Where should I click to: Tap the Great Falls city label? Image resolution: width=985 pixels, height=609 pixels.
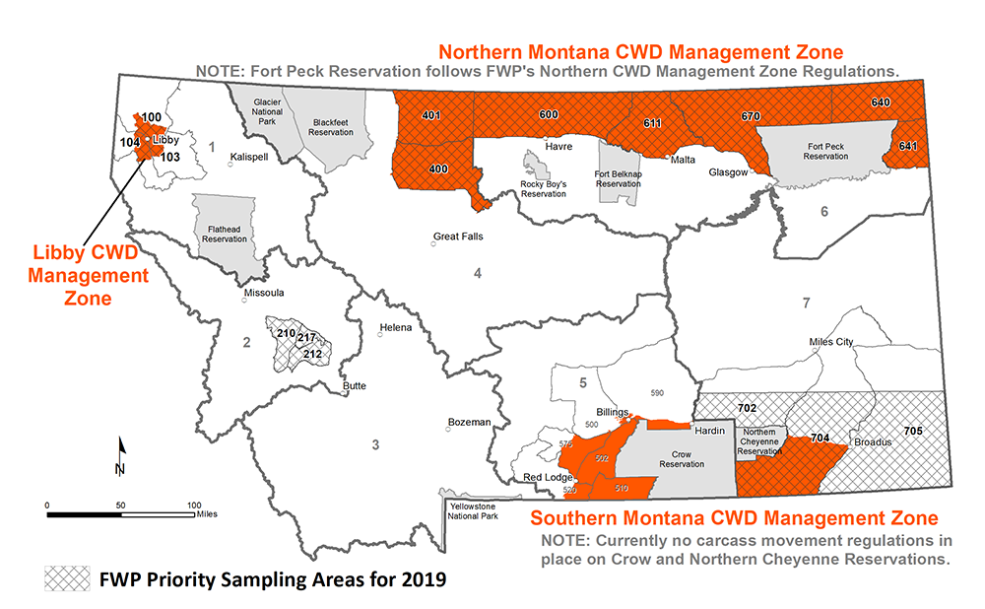tap(458, 237)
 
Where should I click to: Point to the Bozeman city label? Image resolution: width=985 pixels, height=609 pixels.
tap(469, 422)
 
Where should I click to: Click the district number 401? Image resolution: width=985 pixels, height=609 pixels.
tap(430, 115)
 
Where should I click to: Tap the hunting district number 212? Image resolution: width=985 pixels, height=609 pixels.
tap(312, 354)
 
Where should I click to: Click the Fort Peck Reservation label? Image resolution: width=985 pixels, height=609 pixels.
tap(825, 151)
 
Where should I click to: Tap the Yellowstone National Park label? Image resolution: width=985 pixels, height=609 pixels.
tap(477, 509)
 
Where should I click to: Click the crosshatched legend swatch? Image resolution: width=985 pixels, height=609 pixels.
tap(64, 578)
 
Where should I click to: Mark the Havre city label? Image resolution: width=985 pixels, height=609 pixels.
tap(558, 146)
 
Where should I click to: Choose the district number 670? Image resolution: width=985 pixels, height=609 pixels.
tap(751, 116)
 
